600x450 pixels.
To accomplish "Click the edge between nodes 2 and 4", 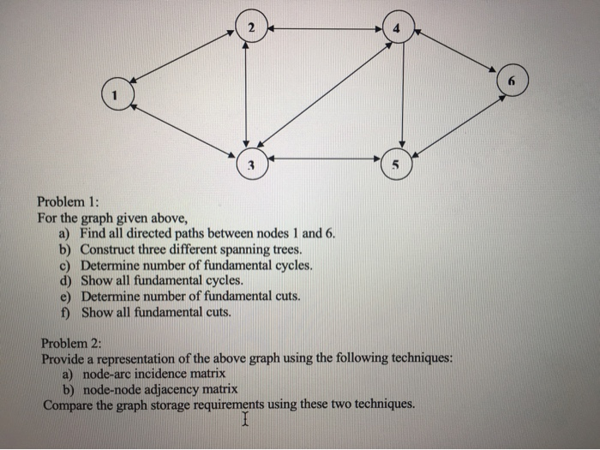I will point(324,29).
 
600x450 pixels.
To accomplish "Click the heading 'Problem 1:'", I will point(69,201).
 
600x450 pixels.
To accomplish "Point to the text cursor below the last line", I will point(245,421).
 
